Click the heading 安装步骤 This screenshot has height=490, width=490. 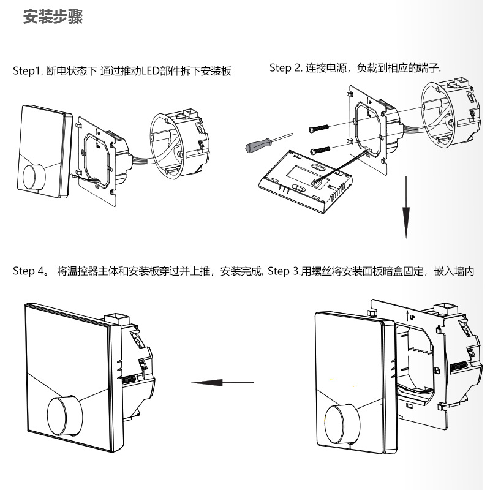point(53,17)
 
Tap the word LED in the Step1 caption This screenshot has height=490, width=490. point(151,71)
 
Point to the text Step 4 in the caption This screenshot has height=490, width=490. point(28,271)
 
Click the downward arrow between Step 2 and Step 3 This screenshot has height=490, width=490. point(405,208)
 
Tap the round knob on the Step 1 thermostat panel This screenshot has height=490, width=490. point(34,176)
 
